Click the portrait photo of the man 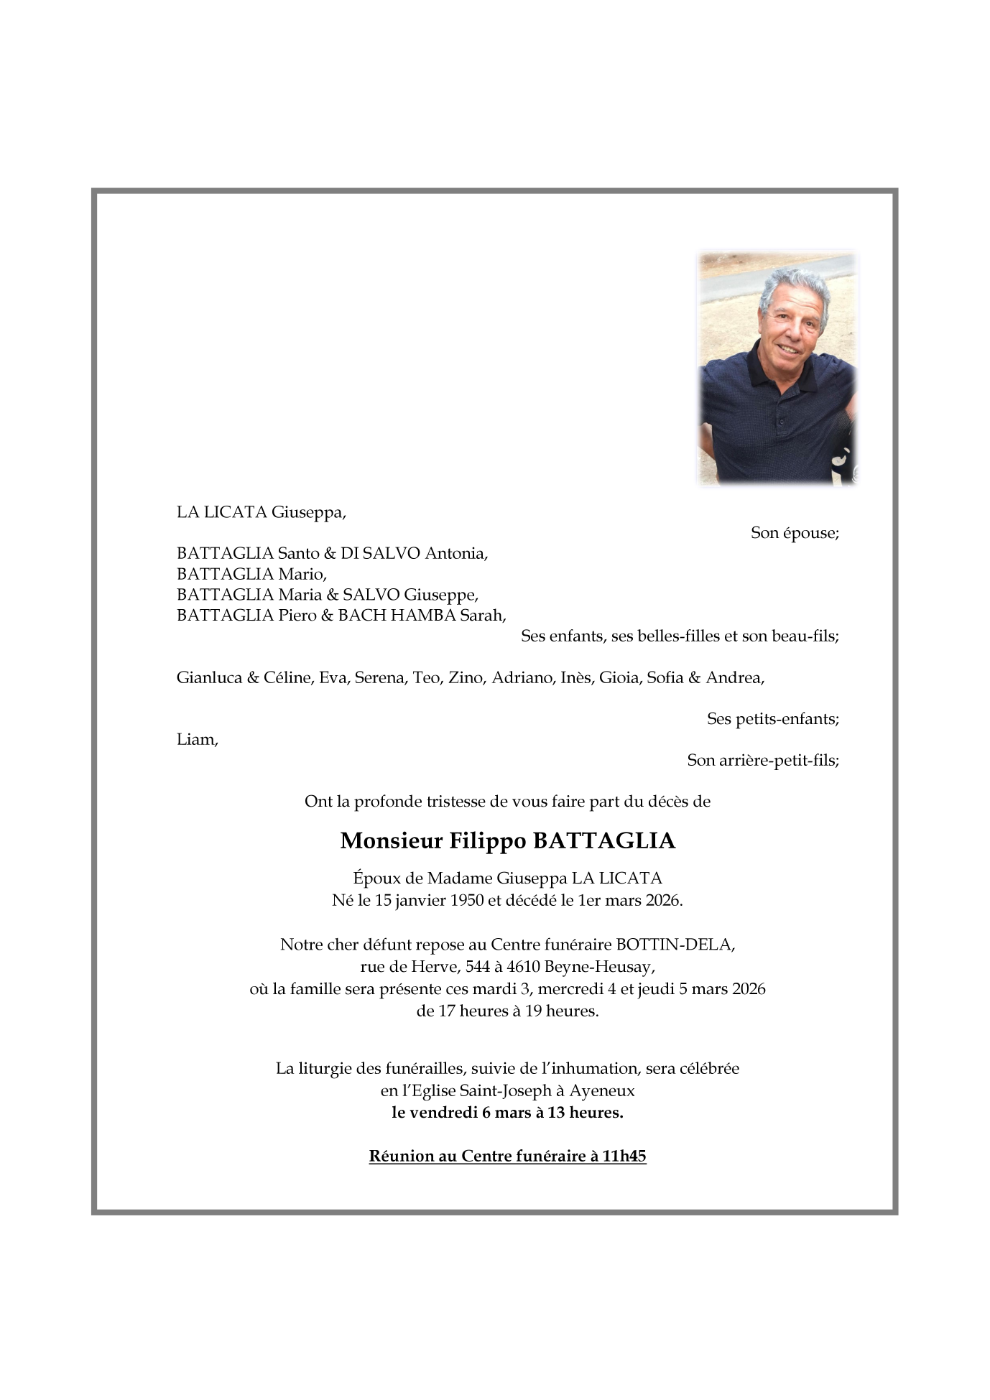point(778,368)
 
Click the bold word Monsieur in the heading point(391,840)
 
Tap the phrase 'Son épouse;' point(795,533)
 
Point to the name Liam point(196,740)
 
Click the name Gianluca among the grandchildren point(209,677)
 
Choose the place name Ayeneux point(602,1090)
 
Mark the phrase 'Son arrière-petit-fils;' point(763,760)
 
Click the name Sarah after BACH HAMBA point(482,616)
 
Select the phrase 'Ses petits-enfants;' point(773,719)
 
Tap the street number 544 point(478,967)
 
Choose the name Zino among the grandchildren point(466,677)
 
